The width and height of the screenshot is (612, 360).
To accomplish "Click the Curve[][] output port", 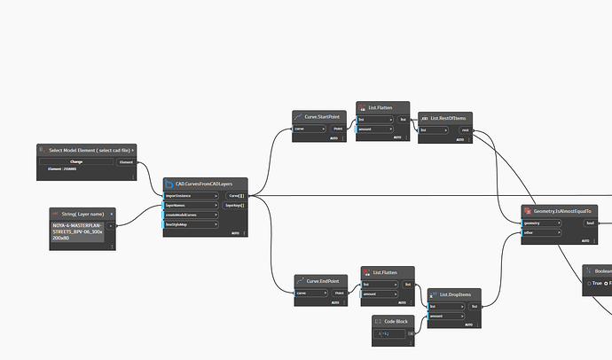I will pyautogui.click(x=236, y=195).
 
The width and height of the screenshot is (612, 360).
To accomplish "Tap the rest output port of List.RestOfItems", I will pyautogui.click(x=466, y=129).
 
